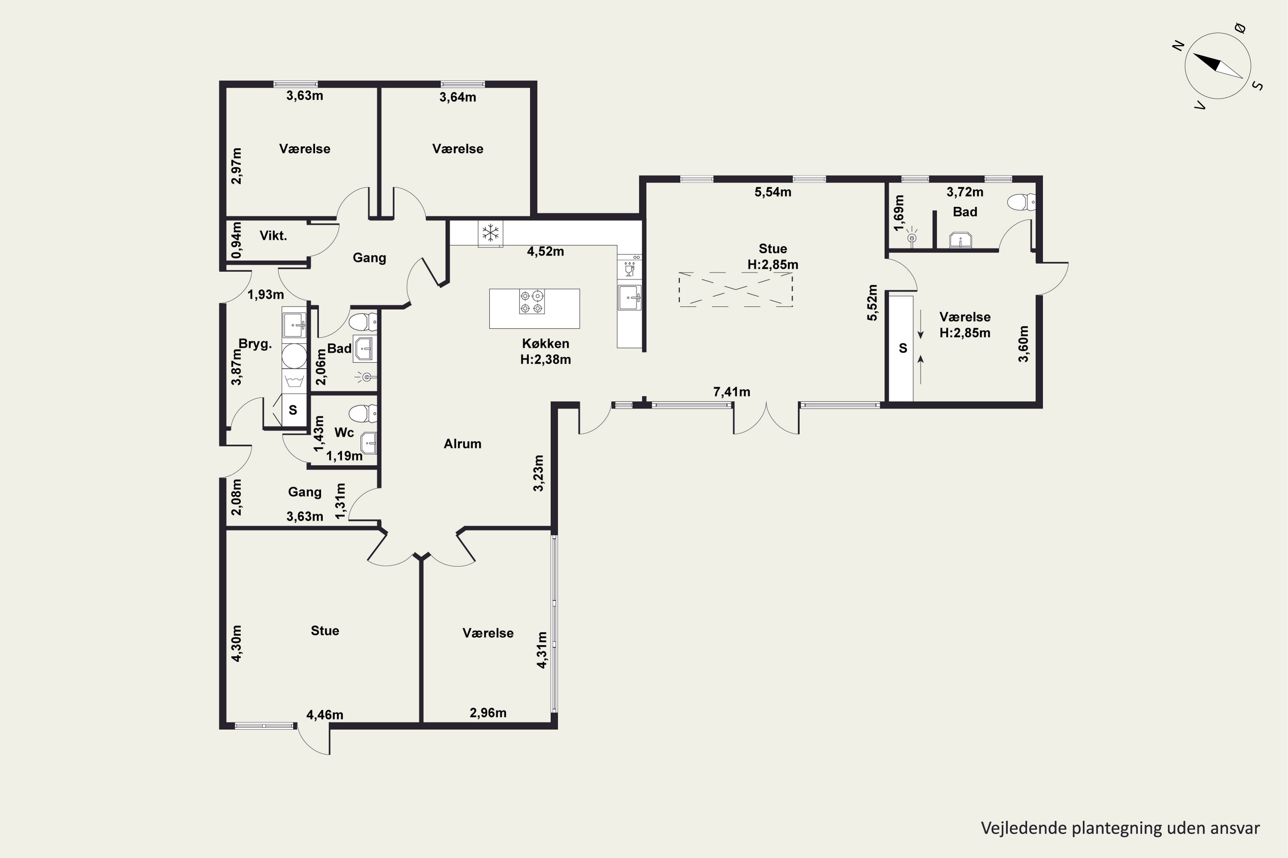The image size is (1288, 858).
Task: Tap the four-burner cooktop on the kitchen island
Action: click(532, 302)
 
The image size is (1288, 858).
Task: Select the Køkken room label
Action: click(545, 344)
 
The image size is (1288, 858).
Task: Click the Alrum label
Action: click(463, 444)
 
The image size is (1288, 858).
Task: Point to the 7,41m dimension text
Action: click(732, 392)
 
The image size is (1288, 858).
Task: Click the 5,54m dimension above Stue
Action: click(773, 192)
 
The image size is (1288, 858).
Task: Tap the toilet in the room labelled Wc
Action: click(362, 414)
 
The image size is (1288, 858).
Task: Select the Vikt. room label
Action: click(273, 236)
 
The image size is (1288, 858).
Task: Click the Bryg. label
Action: click(255, 344)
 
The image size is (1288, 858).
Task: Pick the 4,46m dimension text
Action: click(325, 715)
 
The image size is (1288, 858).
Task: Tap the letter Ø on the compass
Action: click(1241, 28)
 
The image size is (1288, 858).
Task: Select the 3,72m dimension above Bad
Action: click(965, 192)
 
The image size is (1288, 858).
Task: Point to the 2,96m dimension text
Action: click(488, 713)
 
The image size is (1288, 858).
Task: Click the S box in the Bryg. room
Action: click(293, 410)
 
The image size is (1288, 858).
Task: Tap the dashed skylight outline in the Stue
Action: click(735, 289)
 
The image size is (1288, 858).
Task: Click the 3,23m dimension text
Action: click(538, 473)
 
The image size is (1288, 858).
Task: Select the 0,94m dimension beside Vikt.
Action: click(236, 240)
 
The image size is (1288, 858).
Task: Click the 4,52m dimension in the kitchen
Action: click(545, 252)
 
